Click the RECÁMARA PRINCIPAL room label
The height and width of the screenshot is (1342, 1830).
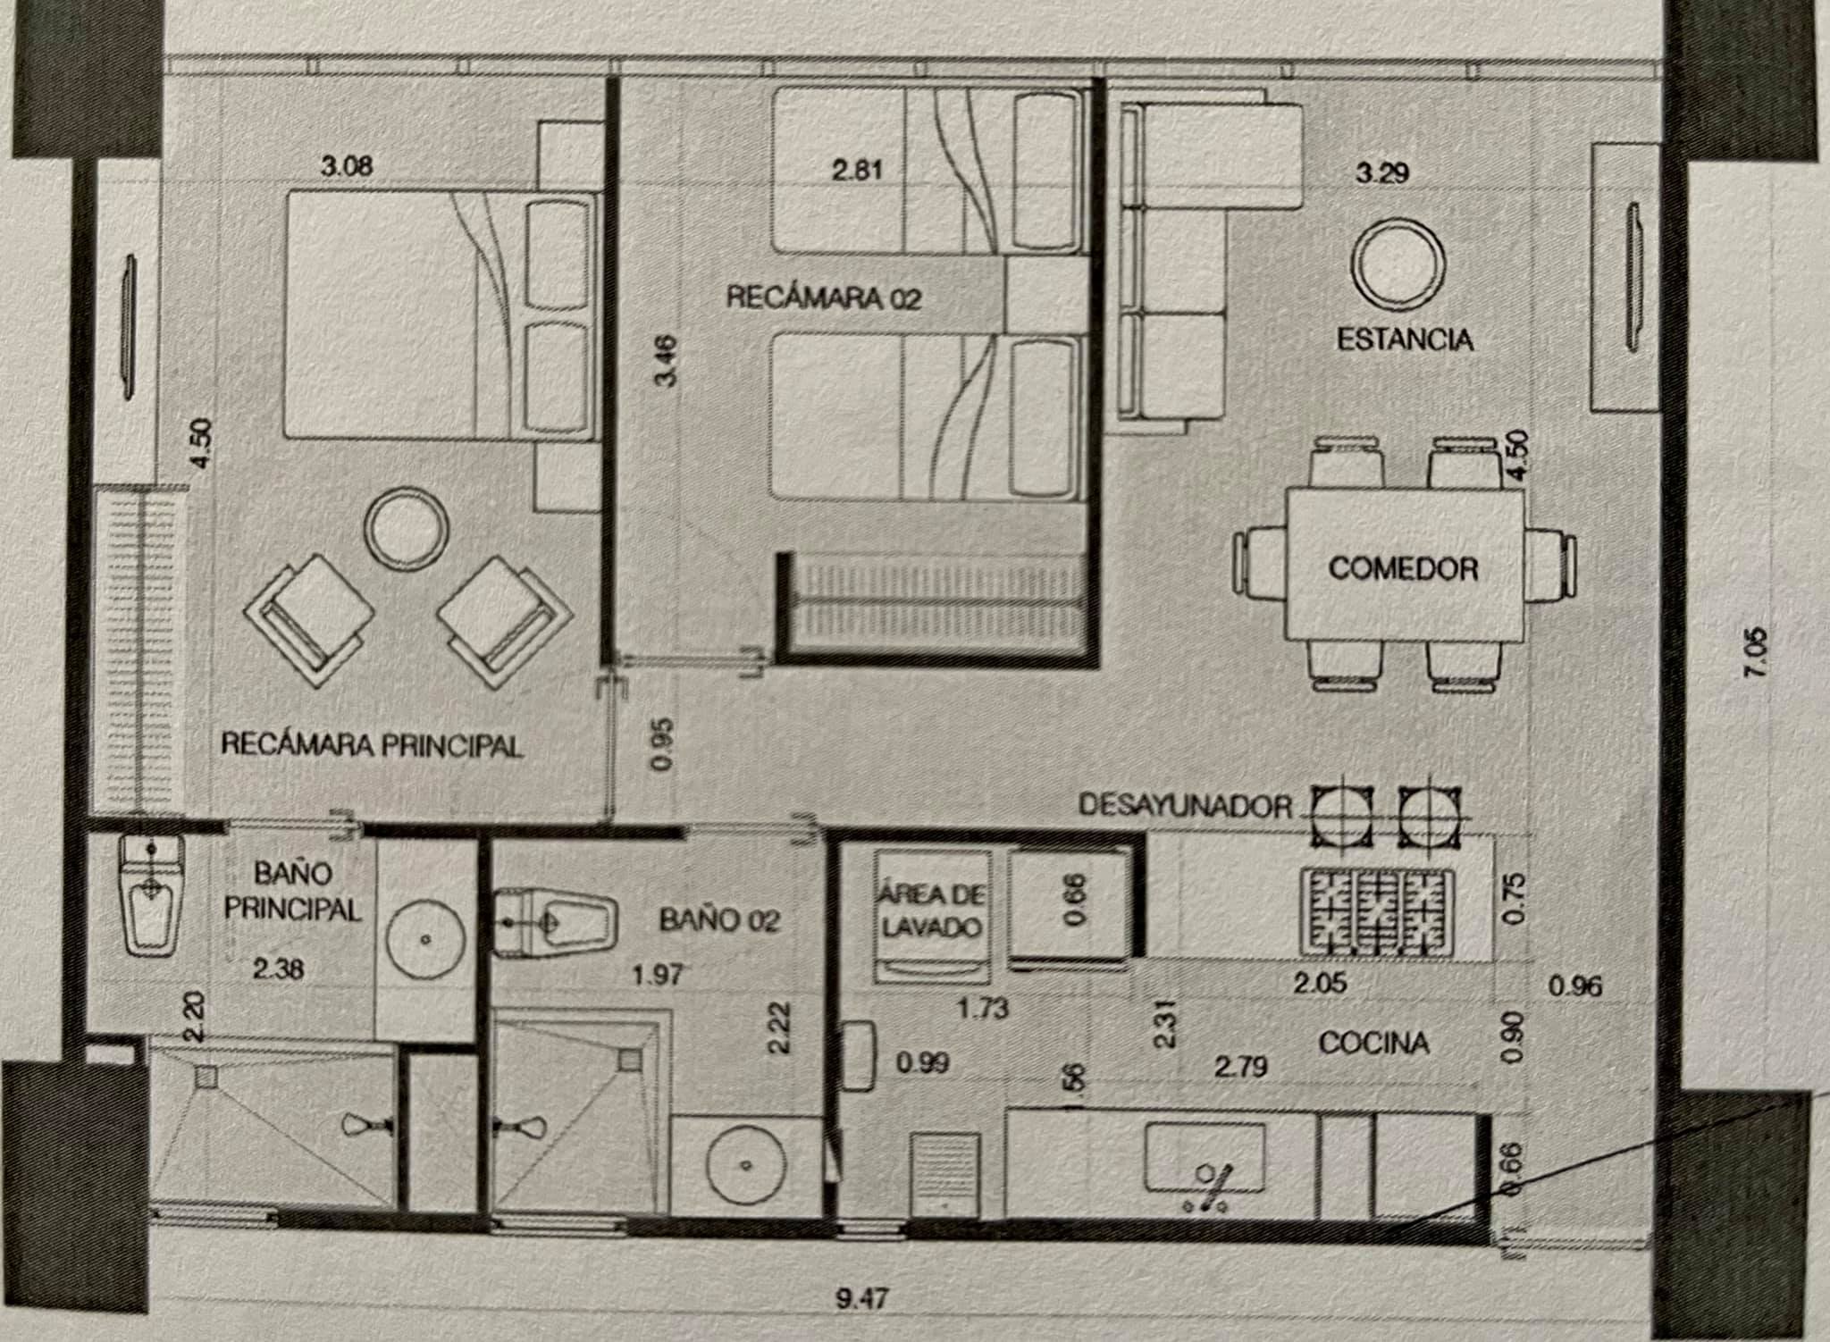[371, 744]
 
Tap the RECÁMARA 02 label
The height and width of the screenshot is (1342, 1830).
[823, 298]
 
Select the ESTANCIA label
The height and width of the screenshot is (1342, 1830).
[1405, 340]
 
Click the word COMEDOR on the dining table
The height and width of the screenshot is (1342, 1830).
[1403, 568]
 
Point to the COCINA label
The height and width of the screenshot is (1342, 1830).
[1373, 1043]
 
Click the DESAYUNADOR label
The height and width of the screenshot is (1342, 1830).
[1185, 806]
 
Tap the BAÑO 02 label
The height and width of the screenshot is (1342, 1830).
[719, 919]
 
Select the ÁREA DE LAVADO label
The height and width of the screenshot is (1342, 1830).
[932, 910]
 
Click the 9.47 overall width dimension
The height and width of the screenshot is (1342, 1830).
[862, 1298]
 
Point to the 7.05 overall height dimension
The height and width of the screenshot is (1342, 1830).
[1755, 652]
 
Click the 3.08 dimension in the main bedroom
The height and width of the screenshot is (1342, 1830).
[347, 166]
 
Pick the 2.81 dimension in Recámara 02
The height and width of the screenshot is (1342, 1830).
[857, 169]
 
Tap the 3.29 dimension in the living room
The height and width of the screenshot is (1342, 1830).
[1382, 172]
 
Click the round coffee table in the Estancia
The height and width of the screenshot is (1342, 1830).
[1398, 263]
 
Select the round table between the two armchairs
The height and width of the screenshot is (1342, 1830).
[408, 529]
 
